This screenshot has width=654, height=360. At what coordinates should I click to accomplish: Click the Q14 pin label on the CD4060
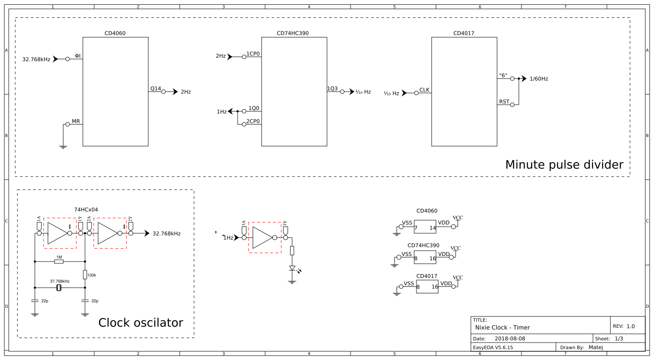(156, 88)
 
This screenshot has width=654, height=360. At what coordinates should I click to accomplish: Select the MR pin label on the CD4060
(76, 121)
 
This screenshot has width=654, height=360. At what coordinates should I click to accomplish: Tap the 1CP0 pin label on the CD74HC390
(253, 54)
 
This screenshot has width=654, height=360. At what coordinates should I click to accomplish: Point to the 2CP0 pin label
(253, 121)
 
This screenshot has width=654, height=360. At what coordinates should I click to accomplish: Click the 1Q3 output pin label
(332, 88)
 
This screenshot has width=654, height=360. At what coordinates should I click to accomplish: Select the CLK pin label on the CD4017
(424, 90)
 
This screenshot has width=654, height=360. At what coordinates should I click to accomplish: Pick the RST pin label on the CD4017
(504, 102)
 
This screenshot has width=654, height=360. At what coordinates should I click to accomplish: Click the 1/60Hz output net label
(538, 79)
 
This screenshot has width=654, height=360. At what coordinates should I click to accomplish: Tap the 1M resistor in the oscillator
(59, 262)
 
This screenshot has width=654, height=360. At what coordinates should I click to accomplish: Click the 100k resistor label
(92, 275)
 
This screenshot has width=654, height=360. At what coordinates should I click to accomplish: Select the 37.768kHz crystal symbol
(59, 288)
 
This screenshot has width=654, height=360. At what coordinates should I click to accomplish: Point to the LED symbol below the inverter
(292, 268)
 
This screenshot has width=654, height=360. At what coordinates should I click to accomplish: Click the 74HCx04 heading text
(86, 210)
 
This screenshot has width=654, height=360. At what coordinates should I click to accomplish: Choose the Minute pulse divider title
(564, 165)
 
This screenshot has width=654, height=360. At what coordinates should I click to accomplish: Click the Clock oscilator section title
(140, 323)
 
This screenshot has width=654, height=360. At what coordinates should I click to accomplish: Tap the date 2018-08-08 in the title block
(510, 339)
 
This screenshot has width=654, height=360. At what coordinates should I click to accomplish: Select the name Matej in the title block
(596, 347)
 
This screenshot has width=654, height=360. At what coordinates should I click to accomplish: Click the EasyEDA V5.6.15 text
(493, 347)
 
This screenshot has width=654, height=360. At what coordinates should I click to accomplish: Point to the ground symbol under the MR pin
(63, 147)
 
